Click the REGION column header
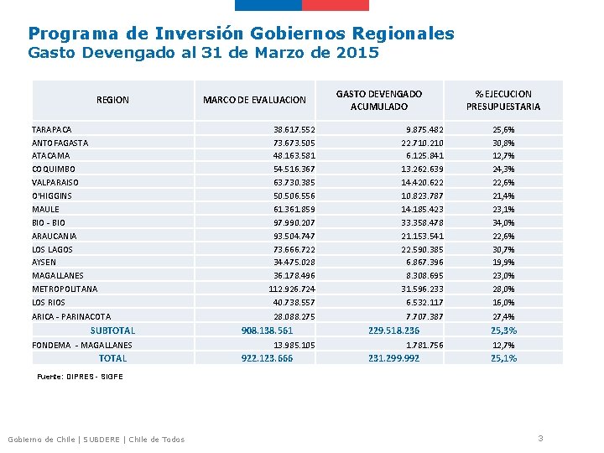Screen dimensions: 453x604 (112, 100)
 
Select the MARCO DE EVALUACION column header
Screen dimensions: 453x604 (254, 100)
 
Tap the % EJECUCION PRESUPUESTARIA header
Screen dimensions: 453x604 (503, 100)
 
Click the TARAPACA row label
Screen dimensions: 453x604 (52, 130)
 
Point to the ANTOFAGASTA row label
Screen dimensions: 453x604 (60, 143)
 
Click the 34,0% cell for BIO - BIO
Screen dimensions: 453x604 (503, 223)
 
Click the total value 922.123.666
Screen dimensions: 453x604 (267, 358)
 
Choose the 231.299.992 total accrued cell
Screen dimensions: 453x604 (393, 358)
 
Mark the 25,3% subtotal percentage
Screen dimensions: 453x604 (503, 331)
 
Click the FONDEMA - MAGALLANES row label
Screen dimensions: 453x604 (82, 345)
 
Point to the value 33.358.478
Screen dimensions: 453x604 (422, 223)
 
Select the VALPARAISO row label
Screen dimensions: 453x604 (55, 182)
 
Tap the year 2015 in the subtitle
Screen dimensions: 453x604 (356, 54)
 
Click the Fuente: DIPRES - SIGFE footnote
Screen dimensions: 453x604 (80, 377)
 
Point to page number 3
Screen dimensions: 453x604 (541, 438)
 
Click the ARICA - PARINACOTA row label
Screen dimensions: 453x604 (71, 317)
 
